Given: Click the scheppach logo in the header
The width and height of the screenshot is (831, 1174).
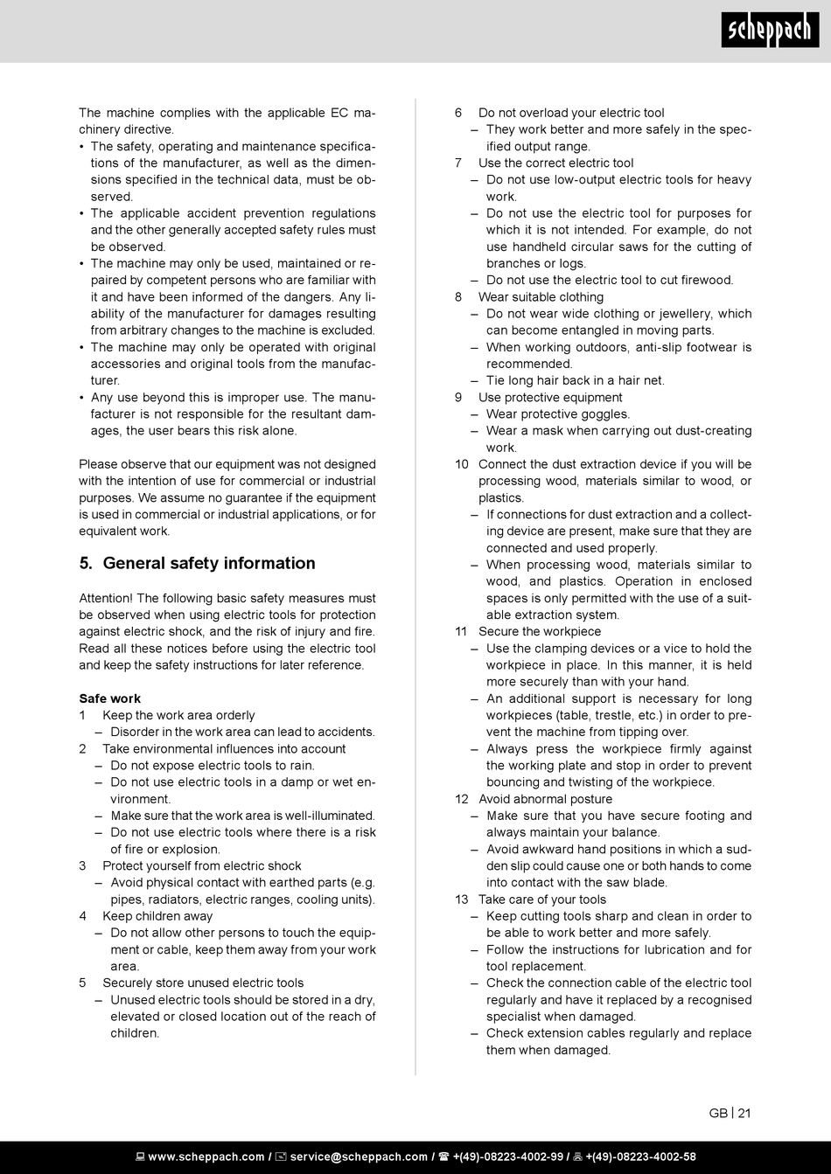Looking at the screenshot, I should pos(770,32).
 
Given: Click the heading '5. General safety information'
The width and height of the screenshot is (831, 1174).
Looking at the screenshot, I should pos(197,563).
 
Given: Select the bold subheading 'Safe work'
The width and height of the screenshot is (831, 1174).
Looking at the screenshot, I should pos(109,698).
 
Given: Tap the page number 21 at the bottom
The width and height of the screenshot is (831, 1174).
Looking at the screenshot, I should pos(744,1113).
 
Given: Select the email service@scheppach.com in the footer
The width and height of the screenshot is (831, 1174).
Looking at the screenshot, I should pos(359,1157).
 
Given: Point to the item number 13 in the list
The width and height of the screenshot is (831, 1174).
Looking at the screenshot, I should pos(462,900).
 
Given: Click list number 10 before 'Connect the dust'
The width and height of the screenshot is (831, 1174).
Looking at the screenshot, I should pos(462,464).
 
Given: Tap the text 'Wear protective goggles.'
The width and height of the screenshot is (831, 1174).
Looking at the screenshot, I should pos(558,414).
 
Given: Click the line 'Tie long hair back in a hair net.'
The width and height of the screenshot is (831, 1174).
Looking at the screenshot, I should pos(576,380).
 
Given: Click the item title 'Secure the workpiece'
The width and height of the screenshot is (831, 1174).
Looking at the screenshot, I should pos(540,631).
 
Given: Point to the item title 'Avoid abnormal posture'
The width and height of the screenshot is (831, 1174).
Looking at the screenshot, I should pos(545,799).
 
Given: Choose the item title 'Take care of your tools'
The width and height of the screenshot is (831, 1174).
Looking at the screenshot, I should pos(542,900).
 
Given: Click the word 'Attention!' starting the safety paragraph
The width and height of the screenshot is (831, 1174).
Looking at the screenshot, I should pos(105,598).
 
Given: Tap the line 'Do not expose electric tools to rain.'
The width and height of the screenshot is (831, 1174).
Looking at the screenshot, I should pos(213,766).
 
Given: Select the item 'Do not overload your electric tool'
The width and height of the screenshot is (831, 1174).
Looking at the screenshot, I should pos(571,113).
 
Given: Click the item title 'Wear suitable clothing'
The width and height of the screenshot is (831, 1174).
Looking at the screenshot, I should pos(541,297).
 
